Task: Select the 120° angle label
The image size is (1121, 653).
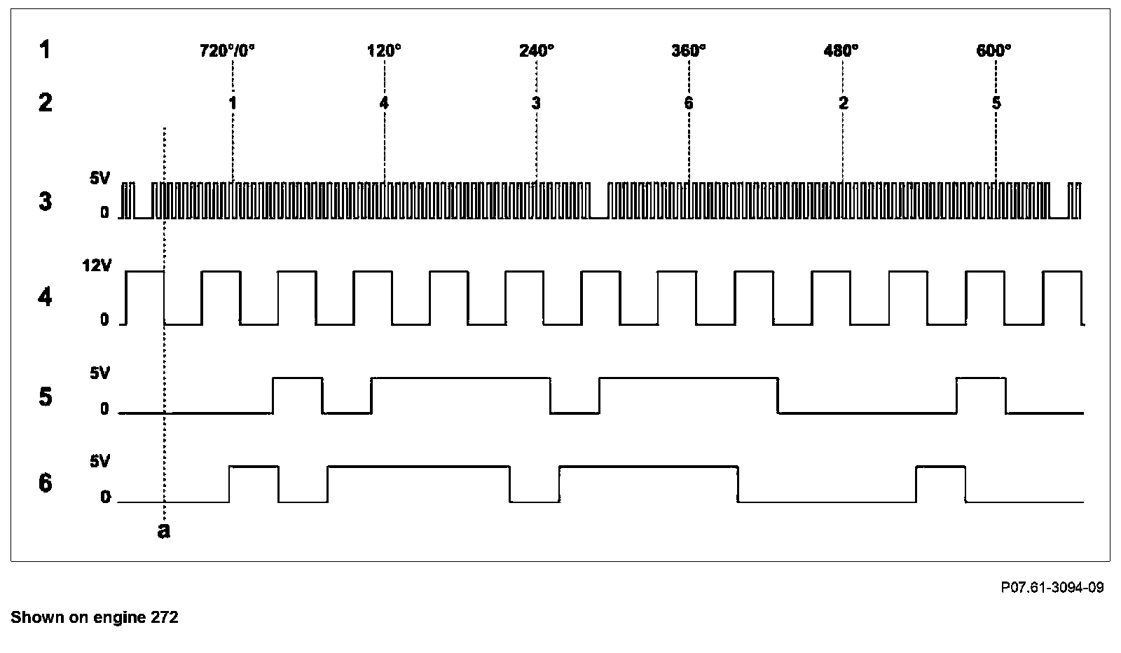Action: tap(384, 50)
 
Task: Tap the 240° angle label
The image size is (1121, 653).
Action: tap(536, 50)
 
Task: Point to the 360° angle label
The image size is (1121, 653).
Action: tap(689, 50)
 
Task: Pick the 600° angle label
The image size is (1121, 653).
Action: tap(993, 50)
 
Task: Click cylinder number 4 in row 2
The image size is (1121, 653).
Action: tap(383, 103)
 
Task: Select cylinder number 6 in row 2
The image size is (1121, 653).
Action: tap(689, 103)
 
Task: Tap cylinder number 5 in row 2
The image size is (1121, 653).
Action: tap(996, 103)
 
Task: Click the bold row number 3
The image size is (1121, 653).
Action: tap(45, 202)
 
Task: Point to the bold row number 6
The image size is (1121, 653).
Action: tap(45, 483)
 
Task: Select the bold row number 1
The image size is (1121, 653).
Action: tap(45, 50)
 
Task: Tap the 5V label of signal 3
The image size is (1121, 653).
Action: tap(99, 179)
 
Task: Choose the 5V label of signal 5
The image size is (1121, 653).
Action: tap(99, 373)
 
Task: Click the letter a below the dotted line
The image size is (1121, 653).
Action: tap(163, 530)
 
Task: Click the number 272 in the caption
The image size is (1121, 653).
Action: tap(165, 617)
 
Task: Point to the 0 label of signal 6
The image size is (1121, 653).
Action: tap(105, 497)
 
